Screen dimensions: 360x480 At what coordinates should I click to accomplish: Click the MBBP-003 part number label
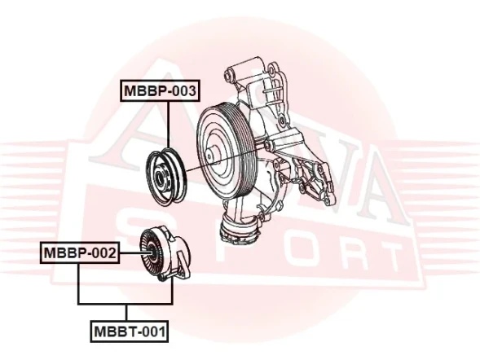pyautogui.click(x=161, y=90)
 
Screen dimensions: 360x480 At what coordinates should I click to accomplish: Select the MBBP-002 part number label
pyautogui.click(x=79, y=253)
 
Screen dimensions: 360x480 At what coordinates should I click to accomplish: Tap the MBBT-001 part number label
pyautogui.click(x=129, y=331)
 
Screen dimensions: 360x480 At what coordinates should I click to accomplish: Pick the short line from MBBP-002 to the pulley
pyautogui.click(x=130, y=253)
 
